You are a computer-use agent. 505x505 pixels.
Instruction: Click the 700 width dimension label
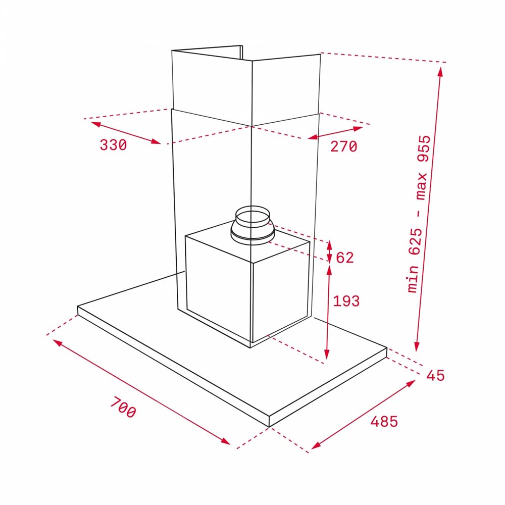[123, 407]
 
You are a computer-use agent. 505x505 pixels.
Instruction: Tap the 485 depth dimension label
[384, 421]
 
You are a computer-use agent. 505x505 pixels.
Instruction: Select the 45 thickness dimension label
[435, 376]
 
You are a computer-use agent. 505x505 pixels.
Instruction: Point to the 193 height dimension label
[346, 301]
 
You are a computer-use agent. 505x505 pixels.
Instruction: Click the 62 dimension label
[344, 258]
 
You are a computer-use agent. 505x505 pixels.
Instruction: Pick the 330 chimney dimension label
[113, 145]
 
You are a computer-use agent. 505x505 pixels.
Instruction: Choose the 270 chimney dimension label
[343, 146]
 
